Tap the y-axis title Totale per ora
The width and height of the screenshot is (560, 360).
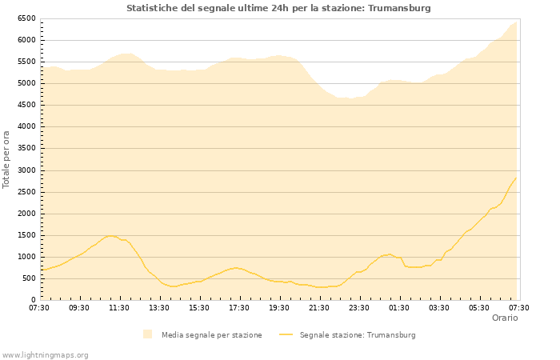[7, 159]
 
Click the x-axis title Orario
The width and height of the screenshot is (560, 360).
[504, 318]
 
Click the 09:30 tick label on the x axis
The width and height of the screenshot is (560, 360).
[79, 307]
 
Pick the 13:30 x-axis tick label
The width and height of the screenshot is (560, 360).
[159, 307]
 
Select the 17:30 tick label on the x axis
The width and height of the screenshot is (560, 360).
[239, 307]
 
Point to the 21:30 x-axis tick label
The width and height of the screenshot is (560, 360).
[319, 307]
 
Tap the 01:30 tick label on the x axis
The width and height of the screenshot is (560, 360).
[399, 307]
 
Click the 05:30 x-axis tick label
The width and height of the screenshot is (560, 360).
[479, 307]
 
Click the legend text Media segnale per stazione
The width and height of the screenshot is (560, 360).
[211, 335]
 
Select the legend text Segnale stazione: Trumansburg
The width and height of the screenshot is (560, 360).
[358, 335]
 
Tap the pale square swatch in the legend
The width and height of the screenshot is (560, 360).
[147, 334]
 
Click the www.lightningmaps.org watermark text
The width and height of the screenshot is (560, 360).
[46, 354]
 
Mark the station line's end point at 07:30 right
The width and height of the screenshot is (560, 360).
[516, 178]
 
